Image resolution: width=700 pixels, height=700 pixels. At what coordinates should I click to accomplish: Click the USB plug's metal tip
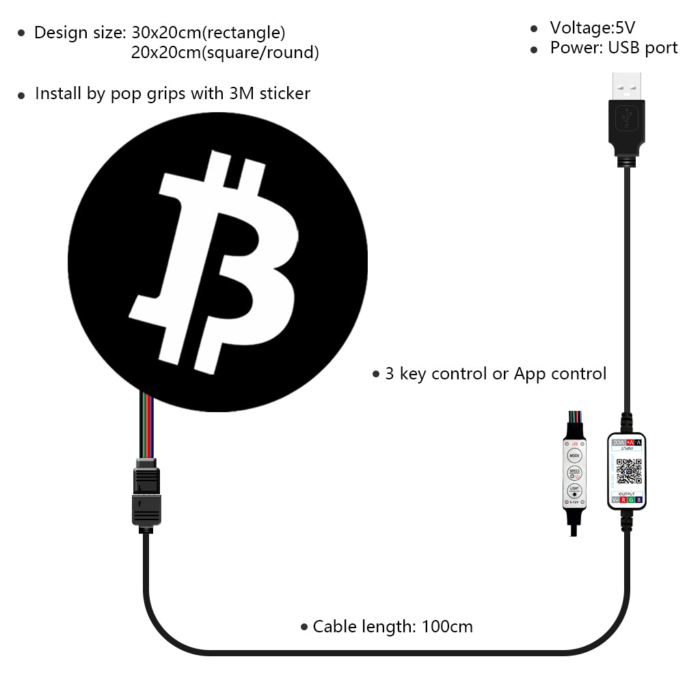click(x=627, y=85)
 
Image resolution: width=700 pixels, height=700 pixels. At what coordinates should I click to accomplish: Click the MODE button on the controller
click(x=574, y=455)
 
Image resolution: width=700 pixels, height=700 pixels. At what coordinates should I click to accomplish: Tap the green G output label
click(x=630, y=500)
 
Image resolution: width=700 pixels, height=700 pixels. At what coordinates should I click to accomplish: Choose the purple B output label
click(x=638, y=500)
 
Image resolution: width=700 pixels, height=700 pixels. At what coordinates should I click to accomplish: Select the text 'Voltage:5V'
click(x=592, y=28)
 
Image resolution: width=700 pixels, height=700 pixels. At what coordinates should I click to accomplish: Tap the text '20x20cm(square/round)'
click(x=225, y=53)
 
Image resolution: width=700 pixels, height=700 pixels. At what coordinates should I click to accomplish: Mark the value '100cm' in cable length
click(x=447, y=626)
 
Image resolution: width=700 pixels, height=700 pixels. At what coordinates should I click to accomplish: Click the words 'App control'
click(x=560, y=374)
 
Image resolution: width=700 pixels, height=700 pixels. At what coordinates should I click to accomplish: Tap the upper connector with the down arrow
click(x=146, y=480)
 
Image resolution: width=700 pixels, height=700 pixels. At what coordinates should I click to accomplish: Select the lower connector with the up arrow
click(x=146, y=509)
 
